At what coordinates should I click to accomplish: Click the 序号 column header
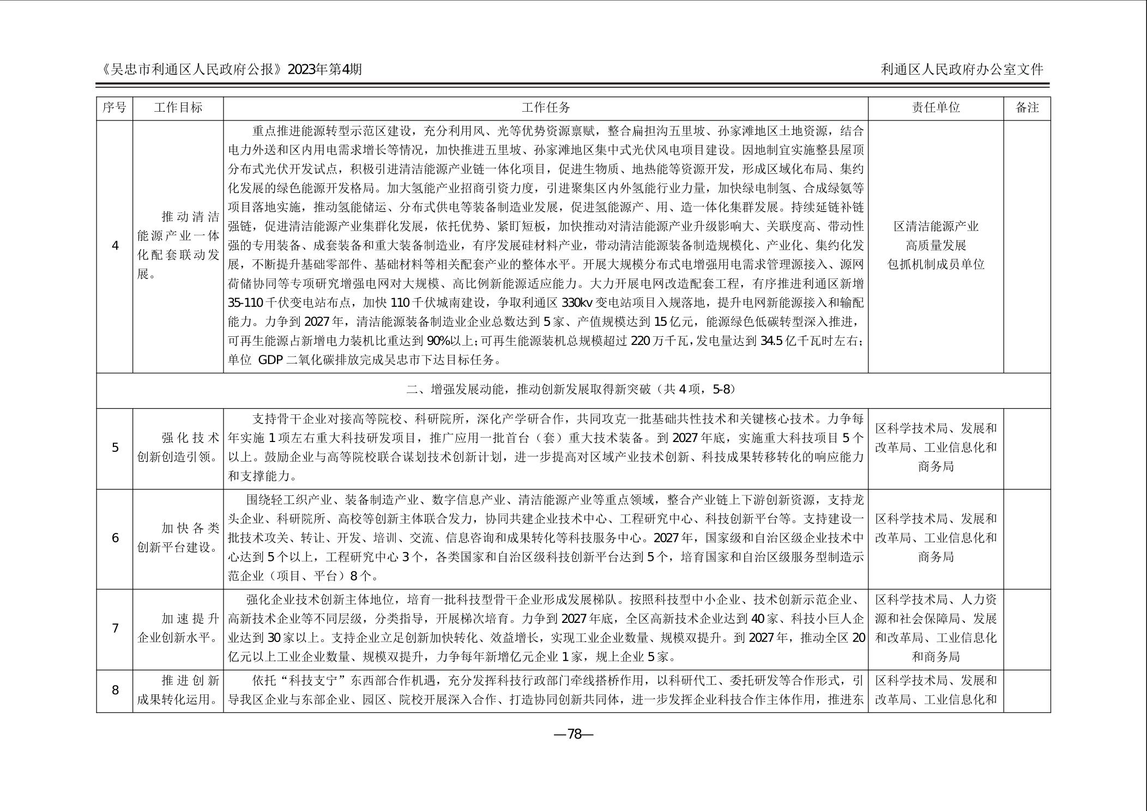coord(114,108)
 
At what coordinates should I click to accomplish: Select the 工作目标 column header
coord(178,108)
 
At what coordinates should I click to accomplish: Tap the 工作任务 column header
coord(545,108)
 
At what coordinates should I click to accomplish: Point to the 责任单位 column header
coord(935,108)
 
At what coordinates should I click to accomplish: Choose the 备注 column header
coord(1027,108)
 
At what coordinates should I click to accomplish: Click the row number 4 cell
coord(114,246)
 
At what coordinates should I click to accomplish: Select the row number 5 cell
coord(114,448)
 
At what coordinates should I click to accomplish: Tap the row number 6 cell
coord(114,538)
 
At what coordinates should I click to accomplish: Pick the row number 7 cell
coord(114,628)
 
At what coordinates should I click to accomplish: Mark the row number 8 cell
coord(114,691)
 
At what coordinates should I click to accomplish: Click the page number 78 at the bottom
coord(573,734)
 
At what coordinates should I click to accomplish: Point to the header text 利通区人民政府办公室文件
coord(962,70)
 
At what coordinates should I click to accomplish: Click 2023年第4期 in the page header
coord(324,70)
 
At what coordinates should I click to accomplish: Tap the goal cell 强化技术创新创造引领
coord(178,447)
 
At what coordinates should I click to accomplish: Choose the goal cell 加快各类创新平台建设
coord(178,538)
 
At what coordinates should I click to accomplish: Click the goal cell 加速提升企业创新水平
coord(178,628)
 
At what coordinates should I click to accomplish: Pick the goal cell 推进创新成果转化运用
coord(178,690)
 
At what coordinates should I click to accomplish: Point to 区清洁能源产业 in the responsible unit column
coord(935,227)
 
